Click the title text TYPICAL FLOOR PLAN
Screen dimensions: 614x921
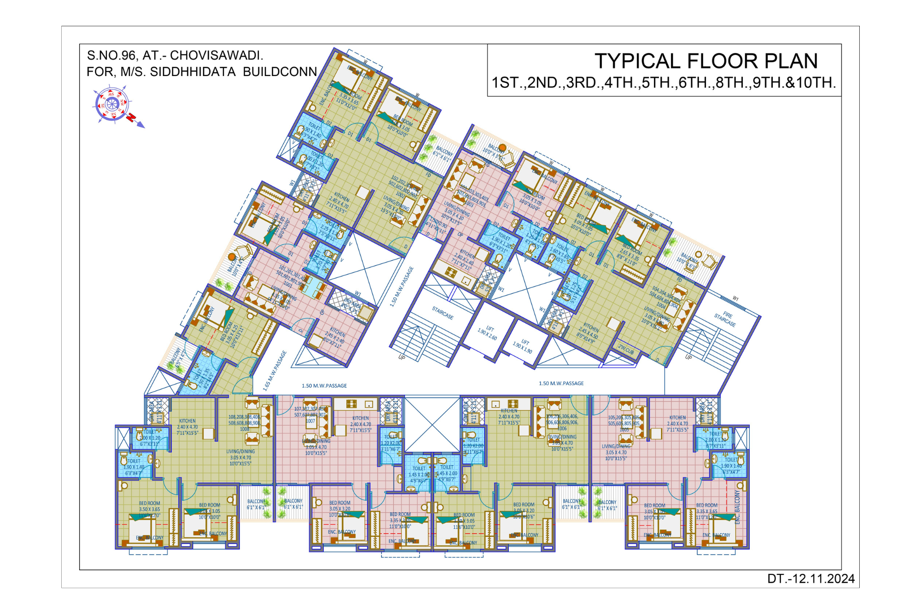tap(706, 61)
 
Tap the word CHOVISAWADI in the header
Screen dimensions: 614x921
tap(216, 56)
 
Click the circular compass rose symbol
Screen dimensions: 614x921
tap(112, 104)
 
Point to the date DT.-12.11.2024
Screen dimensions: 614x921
tap(810, 579)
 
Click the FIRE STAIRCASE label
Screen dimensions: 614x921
tap(725, 318)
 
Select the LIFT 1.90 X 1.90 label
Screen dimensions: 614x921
tap(523, 345)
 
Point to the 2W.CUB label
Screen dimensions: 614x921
tap(626, 349)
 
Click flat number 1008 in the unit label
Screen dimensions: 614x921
tap(245, 429)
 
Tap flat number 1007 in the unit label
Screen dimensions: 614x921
tap(310, 421)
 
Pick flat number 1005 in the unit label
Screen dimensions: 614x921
tap(624, 429)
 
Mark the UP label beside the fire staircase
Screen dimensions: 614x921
tap(688, 357)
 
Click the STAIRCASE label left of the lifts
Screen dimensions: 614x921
tap(443, 313)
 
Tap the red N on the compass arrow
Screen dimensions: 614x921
tap(132, 117)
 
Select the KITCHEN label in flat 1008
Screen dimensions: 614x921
tap(187, 421)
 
